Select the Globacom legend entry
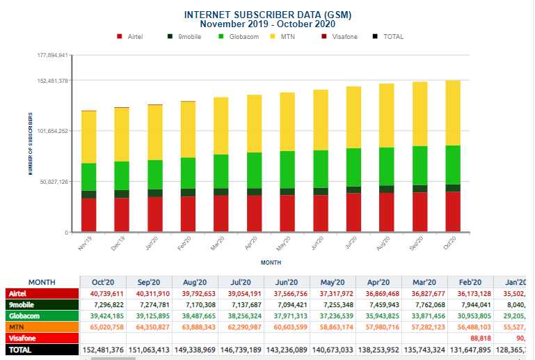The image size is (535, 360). tap(240, 37)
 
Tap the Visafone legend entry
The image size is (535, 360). tap(344, 37)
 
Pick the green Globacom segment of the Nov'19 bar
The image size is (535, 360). tap(88, 177)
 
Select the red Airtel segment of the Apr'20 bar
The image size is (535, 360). tap(255, 213)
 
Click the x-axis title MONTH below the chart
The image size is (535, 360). tap(271, 263)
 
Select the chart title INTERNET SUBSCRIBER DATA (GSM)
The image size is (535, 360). tap(267, 15)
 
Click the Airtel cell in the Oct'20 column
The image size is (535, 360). tap(103, 294)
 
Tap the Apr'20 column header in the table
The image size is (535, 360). tap(378, 282)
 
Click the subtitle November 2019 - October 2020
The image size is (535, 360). tap(267, 24)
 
